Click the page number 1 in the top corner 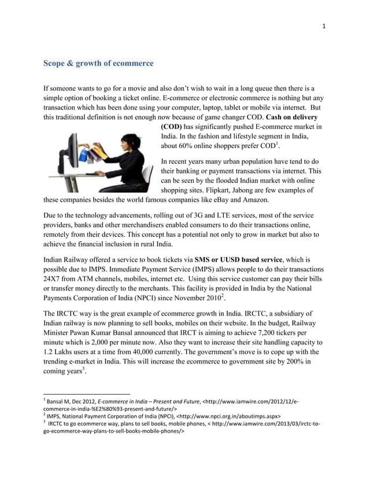324,25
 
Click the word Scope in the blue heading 56,62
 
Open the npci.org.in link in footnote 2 230,416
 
